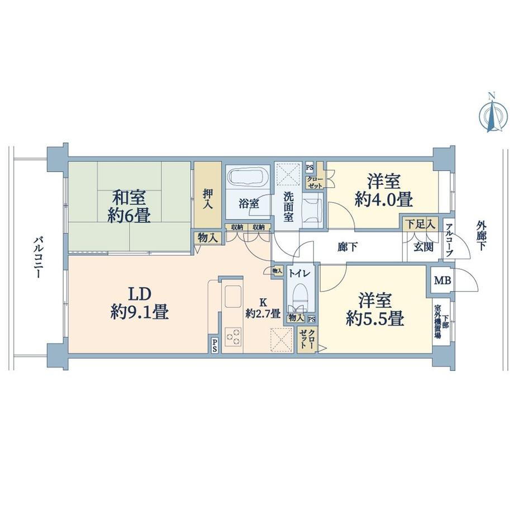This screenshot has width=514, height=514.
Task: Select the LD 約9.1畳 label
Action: click(140, 303)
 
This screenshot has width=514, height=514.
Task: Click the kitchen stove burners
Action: click(234, 337)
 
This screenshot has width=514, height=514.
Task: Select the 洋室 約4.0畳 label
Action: click(383, 191)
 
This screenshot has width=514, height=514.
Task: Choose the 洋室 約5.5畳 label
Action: click(374, 310)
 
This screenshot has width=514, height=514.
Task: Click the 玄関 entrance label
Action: click(423, 248)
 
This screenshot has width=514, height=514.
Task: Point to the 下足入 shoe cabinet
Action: click(420, 225)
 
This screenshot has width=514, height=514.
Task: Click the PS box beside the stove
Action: click(215, 345)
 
